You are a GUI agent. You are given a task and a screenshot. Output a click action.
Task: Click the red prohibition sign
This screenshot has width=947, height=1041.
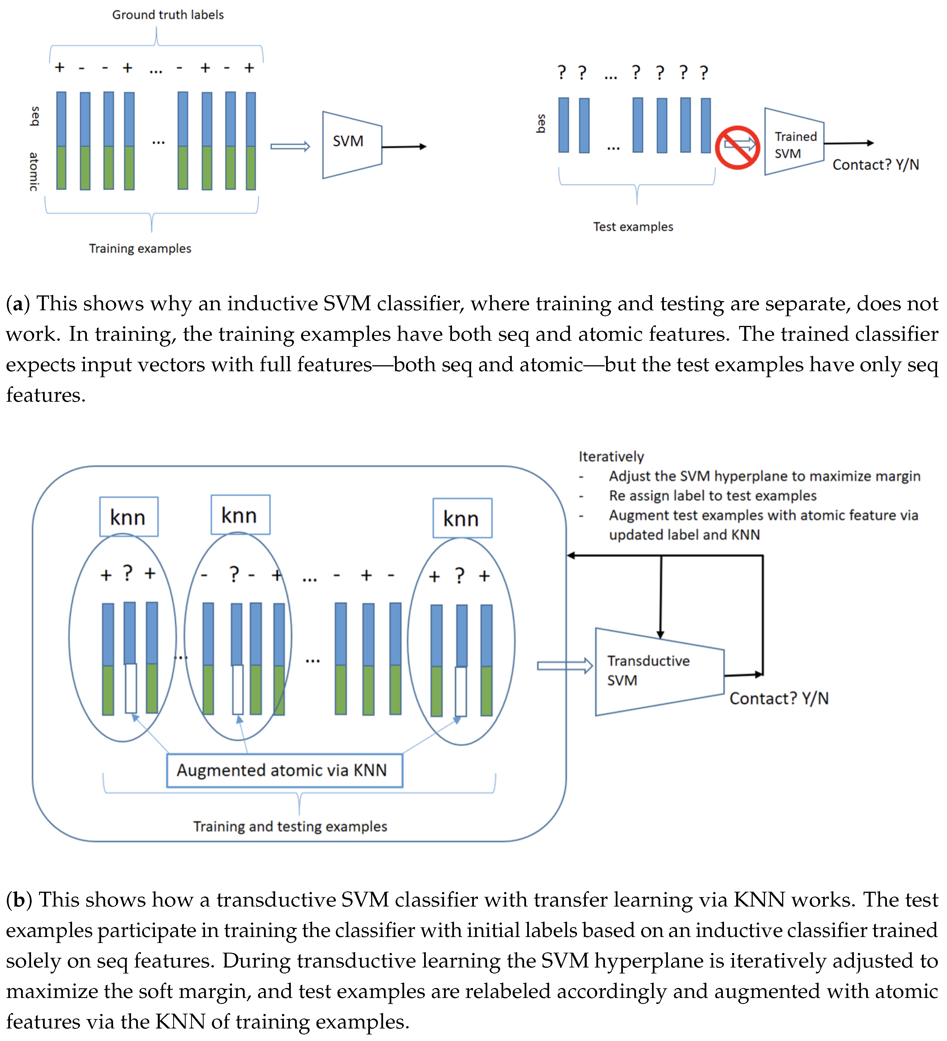pos(737,147)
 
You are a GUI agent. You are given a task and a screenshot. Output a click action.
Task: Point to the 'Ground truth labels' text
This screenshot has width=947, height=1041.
pos(168,15)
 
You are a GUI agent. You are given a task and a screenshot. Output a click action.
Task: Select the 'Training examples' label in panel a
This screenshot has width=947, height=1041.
pos(140,248)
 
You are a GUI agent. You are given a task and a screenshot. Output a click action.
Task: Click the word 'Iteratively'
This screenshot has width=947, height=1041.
pos(611,456)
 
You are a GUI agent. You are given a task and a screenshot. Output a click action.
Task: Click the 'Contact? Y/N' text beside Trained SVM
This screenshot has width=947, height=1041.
pos(876,165)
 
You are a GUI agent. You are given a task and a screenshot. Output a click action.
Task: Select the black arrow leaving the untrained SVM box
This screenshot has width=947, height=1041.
pos(404,147)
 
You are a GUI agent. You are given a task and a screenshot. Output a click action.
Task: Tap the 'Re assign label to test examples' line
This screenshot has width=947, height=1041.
pos(713,496)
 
